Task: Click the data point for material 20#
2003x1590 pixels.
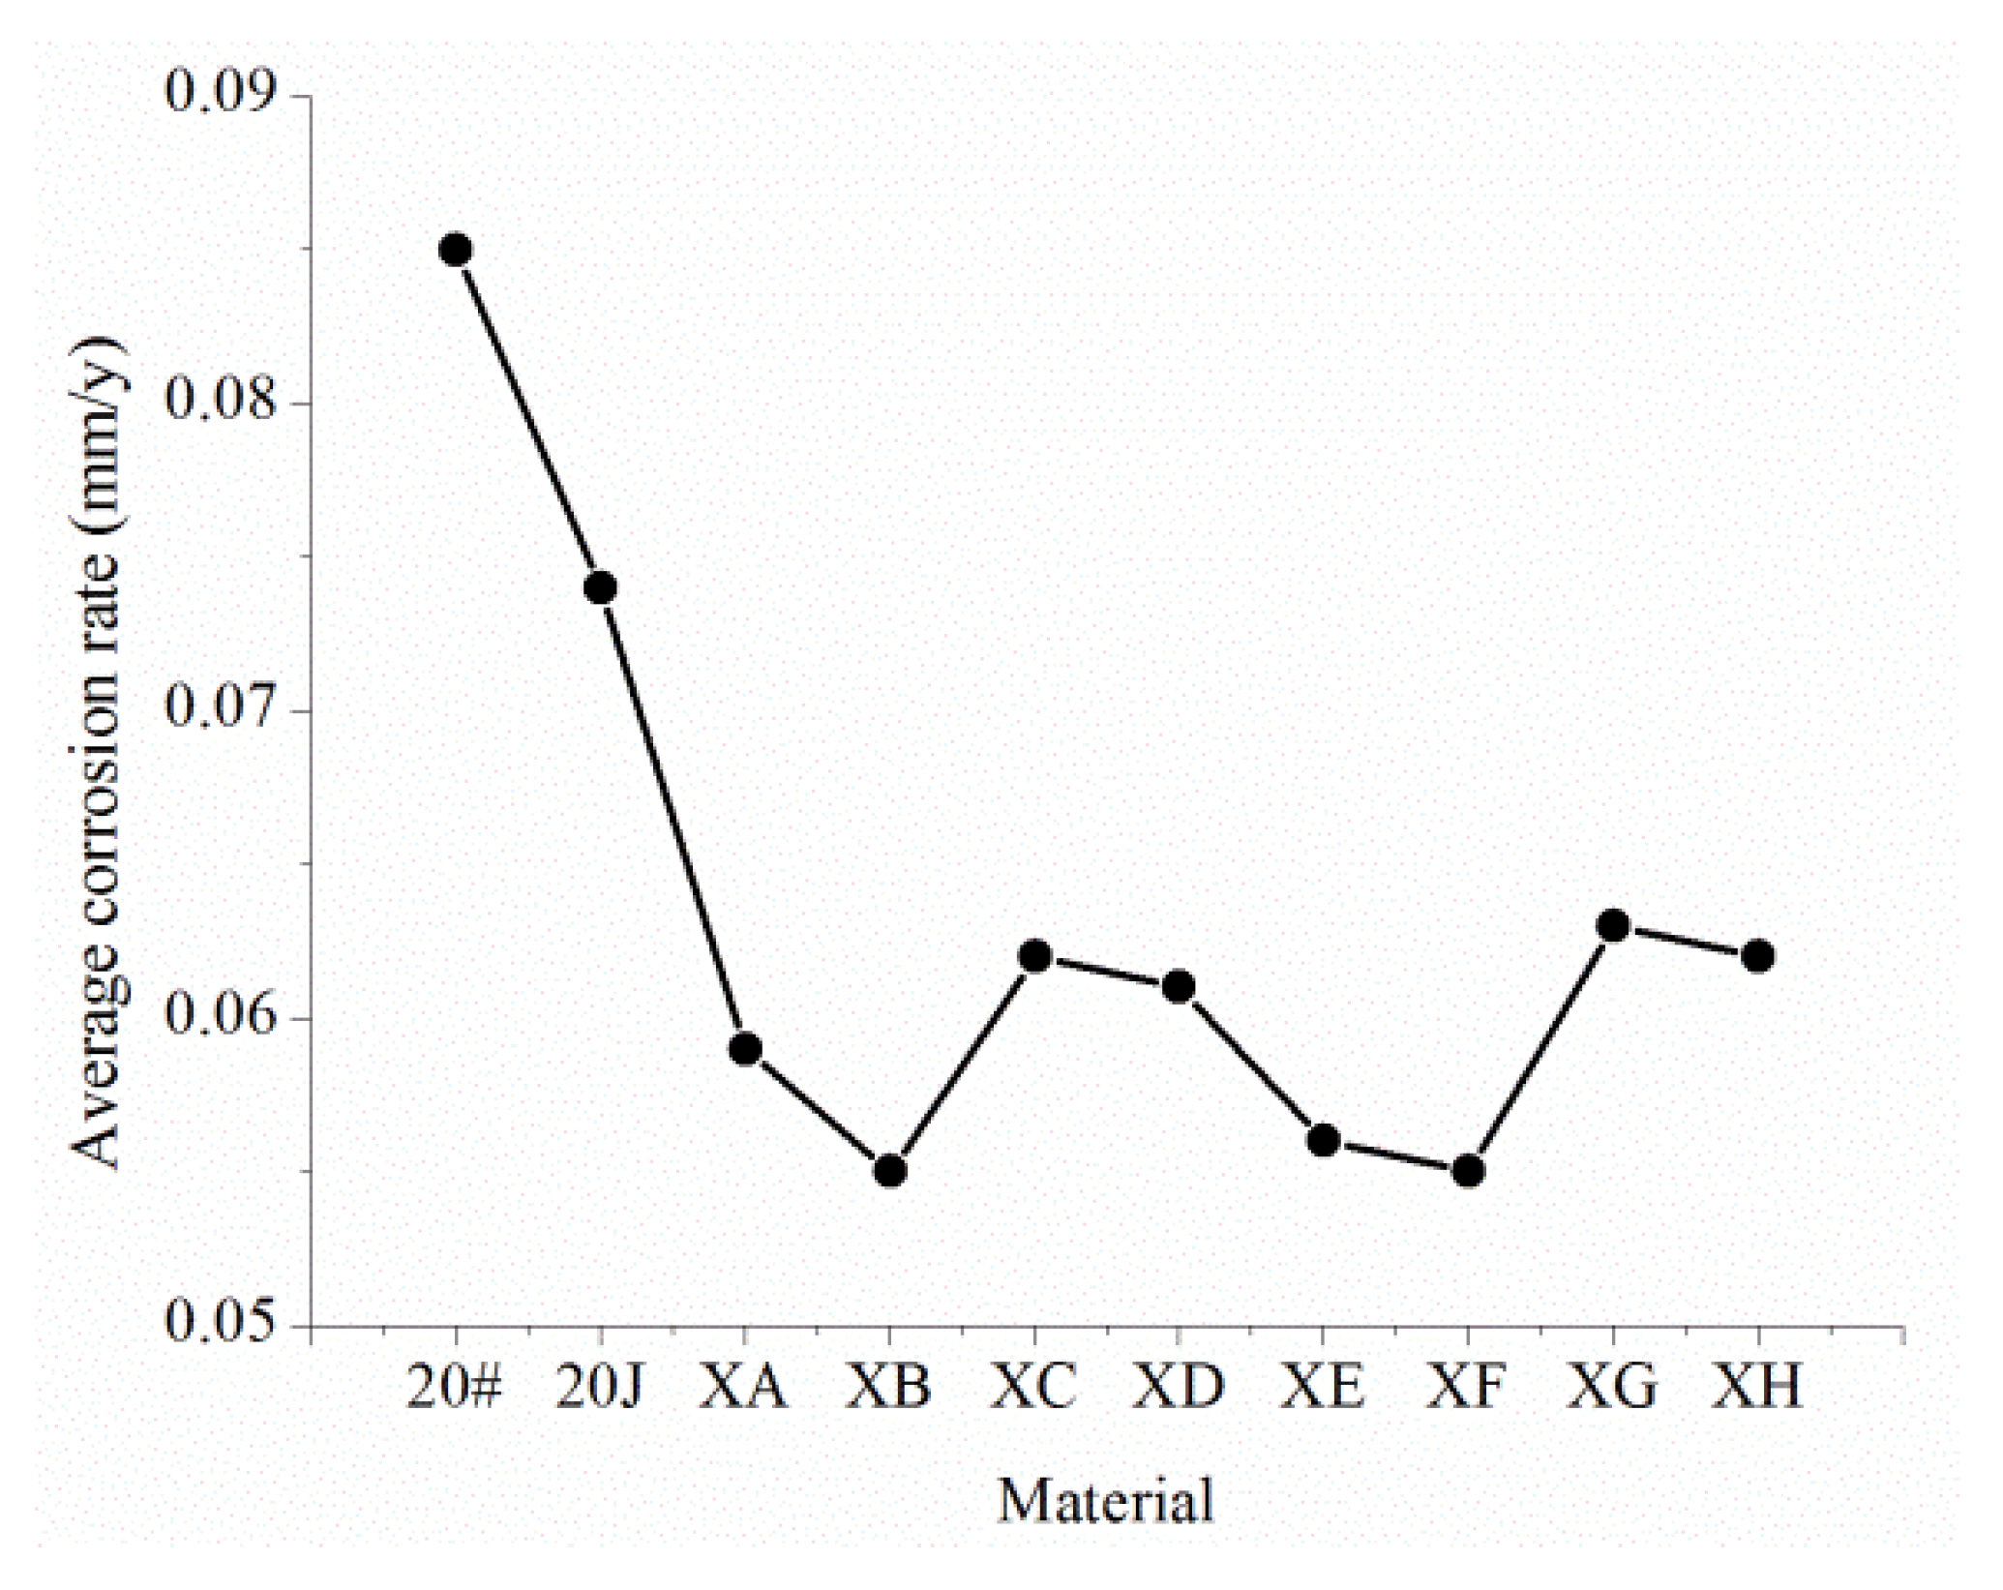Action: point(455,250)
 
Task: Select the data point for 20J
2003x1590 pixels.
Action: point(600,587)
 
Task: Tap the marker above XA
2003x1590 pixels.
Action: point(744,1049)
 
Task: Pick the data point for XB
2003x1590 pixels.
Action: point(889,1171)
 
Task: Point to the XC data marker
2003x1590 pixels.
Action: point(1034,956)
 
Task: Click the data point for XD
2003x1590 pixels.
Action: point(1178,987)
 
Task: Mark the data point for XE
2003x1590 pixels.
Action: point(1323,1141)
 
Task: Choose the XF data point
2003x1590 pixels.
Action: point(1468,1171)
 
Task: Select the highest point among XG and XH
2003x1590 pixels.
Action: point(1612,926)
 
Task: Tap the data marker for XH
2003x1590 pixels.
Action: point(1757,956)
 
